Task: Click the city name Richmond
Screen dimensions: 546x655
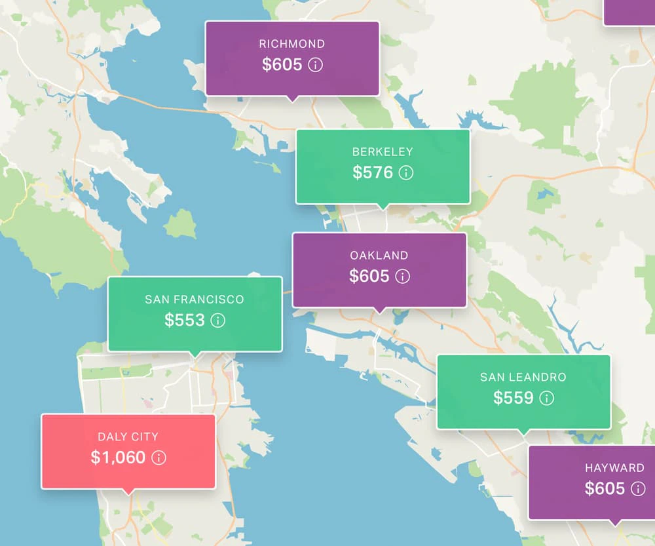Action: tap(292, 44)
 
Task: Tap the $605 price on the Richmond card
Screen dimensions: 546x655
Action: tap(282, 64)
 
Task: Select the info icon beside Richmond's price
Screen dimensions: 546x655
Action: tap(316, 65)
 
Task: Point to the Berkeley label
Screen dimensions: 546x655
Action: tap(383, 151)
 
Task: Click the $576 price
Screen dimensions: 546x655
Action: tap(373, 172)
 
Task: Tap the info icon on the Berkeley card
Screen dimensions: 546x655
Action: tap(406, 173)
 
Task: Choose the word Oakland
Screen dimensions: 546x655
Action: tap(379, 255)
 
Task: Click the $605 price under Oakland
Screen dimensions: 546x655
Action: tap(369, 276)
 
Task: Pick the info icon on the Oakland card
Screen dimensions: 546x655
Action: tap(403, 277)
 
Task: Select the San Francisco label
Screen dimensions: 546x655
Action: tap(195, 300)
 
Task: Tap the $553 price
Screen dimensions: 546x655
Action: tap(185, 321)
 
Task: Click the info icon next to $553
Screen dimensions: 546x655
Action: tap(218, 321)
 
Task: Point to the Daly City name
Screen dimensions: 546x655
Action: tap(128, 437)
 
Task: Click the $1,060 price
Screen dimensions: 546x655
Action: tap(118, 458)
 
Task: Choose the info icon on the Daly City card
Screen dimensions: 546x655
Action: tap(159, 458)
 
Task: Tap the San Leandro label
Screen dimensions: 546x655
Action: tap(523, 377)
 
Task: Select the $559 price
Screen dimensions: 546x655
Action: tap(514, 398)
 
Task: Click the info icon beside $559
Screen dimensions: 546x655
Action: tap(547, 398)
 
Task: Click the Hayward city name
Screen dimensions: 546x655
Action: tap(614, 468)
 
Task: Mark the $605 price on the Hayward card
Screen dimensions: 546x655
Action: tap(605, 489)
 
